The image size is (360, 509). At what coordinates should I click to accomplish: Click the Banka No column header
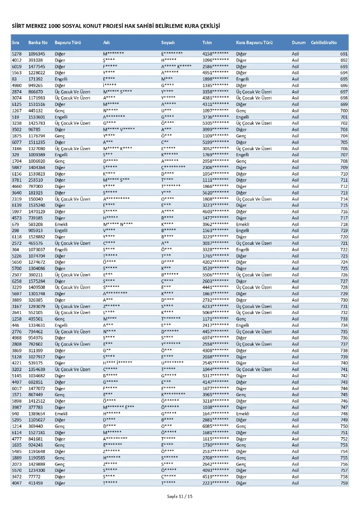coord(38,42)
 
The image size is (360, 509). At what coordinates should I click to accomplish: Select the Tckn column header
coord(207,42)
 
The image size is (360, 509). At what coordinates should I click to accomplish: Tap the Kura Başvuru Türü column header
coord(255,42)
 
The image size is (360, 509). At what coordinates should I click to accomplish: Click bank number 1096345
coord(37,53)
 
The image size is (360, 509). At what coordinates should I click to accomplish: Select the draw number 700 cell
coord(344,110)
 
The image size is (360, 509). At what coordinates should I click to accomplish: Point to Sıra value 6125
coord(17,104)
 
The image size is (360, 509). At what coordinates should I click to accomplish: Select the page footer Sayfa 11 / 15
coord(180,496)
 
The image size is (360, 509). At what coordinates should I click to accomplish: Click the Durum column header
coord(298,42)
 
